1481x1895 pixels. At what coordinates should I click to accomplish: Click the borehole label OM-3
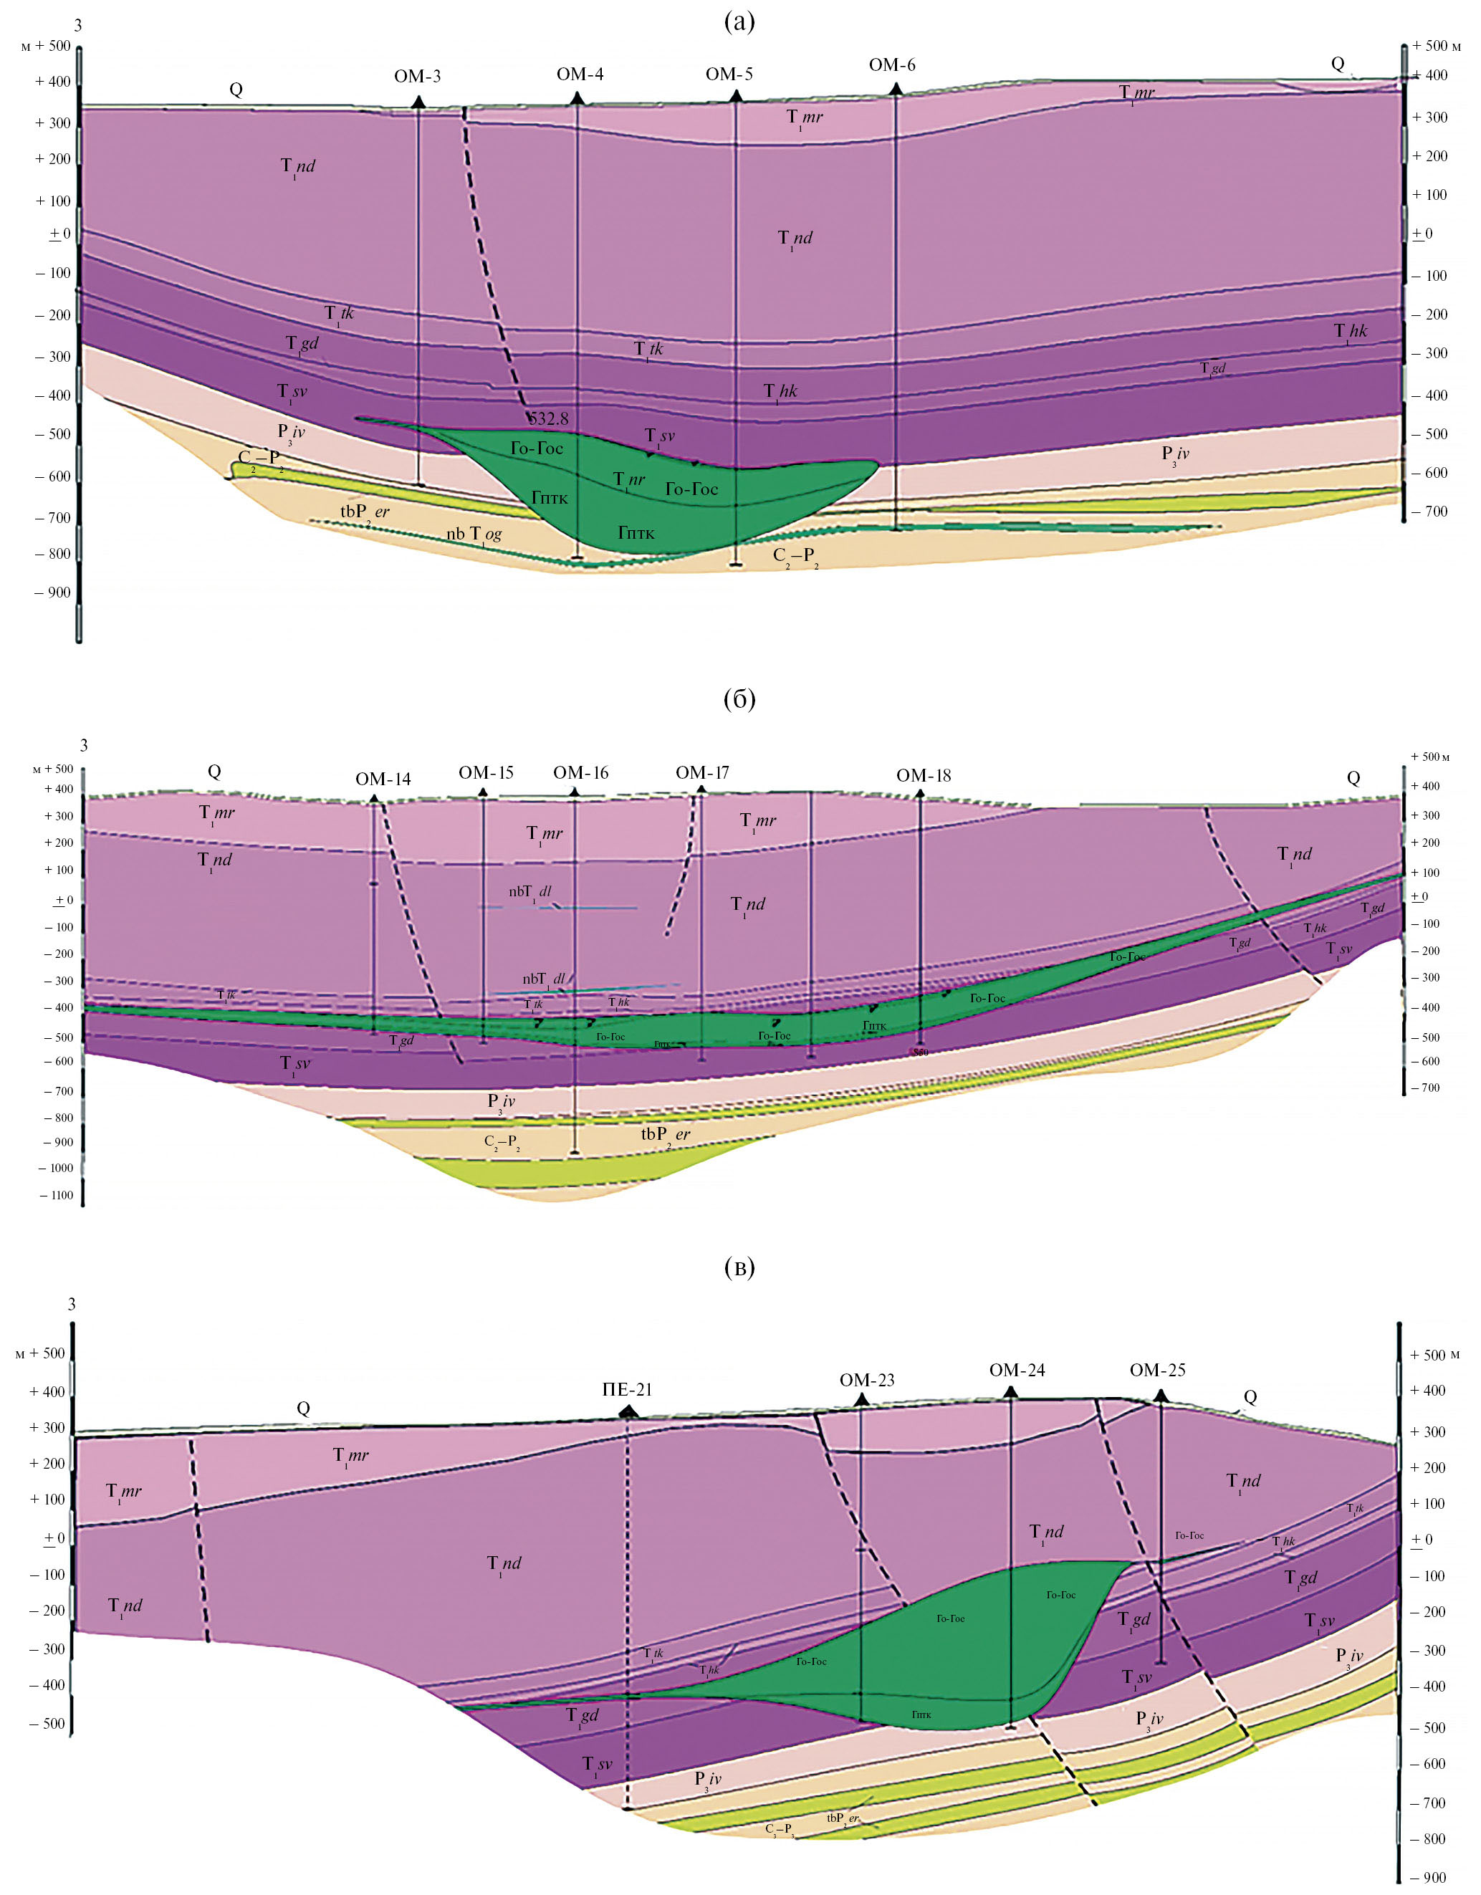click(x=417, y=77)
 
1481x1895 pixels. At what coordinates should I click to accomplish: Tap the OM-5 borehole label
click(x=729, y=75)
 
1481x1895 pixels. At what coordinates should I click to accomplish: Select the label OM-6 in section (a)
click(x=892, y=65)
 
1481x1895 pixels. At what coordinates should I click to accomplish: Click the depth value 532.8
click(x=549, y=418)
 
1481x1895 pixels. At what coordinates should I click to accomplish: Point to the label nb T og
click(x=474, y=534)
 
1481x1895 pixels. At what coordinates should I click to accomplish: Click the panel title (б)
click(x=739, y=699)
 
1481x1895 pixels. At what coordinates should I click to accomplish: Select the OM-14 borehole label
click(x=383, y=779)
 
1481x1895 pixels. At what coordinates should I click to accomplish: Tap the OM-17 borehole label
click(x=702, y=772)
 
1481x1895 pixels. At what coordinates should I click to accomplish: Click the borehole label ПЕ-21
click(x=626, y=1390)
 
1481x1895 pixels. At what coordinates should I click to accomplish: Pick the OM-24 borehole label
click(x=1017, y=1370)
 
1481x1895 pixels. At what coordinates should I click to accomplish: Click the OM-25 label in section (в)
click(x=1157, y=1370)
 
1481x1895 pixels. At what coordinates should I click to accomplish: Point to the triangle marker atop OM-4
click(x=577, y=99)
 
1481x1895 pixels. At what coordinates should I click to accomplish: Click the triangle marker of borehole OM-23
click(x=861, y=1399)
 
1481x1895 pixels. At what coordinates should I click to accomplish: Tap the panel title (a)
click(x=739, y=22)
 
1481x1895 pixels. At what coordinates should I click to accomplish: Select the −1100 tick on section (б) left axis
click(x=57, y=1196)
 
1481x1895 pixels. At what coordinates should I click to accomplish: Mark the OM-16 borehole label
click(x=580, y=772)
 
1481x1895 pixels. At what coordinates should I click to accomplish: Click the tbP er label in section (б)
click(x=666, y=1135)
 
